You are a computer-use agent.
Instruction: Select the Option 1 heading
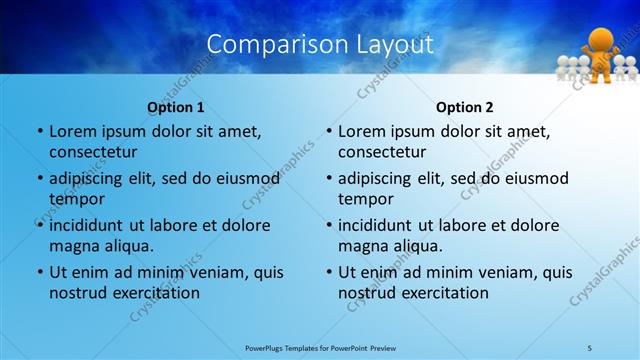coord(175,107)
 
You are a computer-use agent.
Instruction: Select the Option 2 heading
coord(464,107)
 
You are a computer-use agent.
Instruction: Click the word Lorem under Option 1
coord(73,131)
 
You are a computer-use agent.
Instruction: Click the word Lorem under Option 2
coord(362,131)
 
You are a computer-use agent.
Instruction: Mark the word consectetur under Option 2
coord(382,152)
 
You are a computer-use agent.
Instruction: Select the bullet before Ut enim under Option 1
coord(40,272)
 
